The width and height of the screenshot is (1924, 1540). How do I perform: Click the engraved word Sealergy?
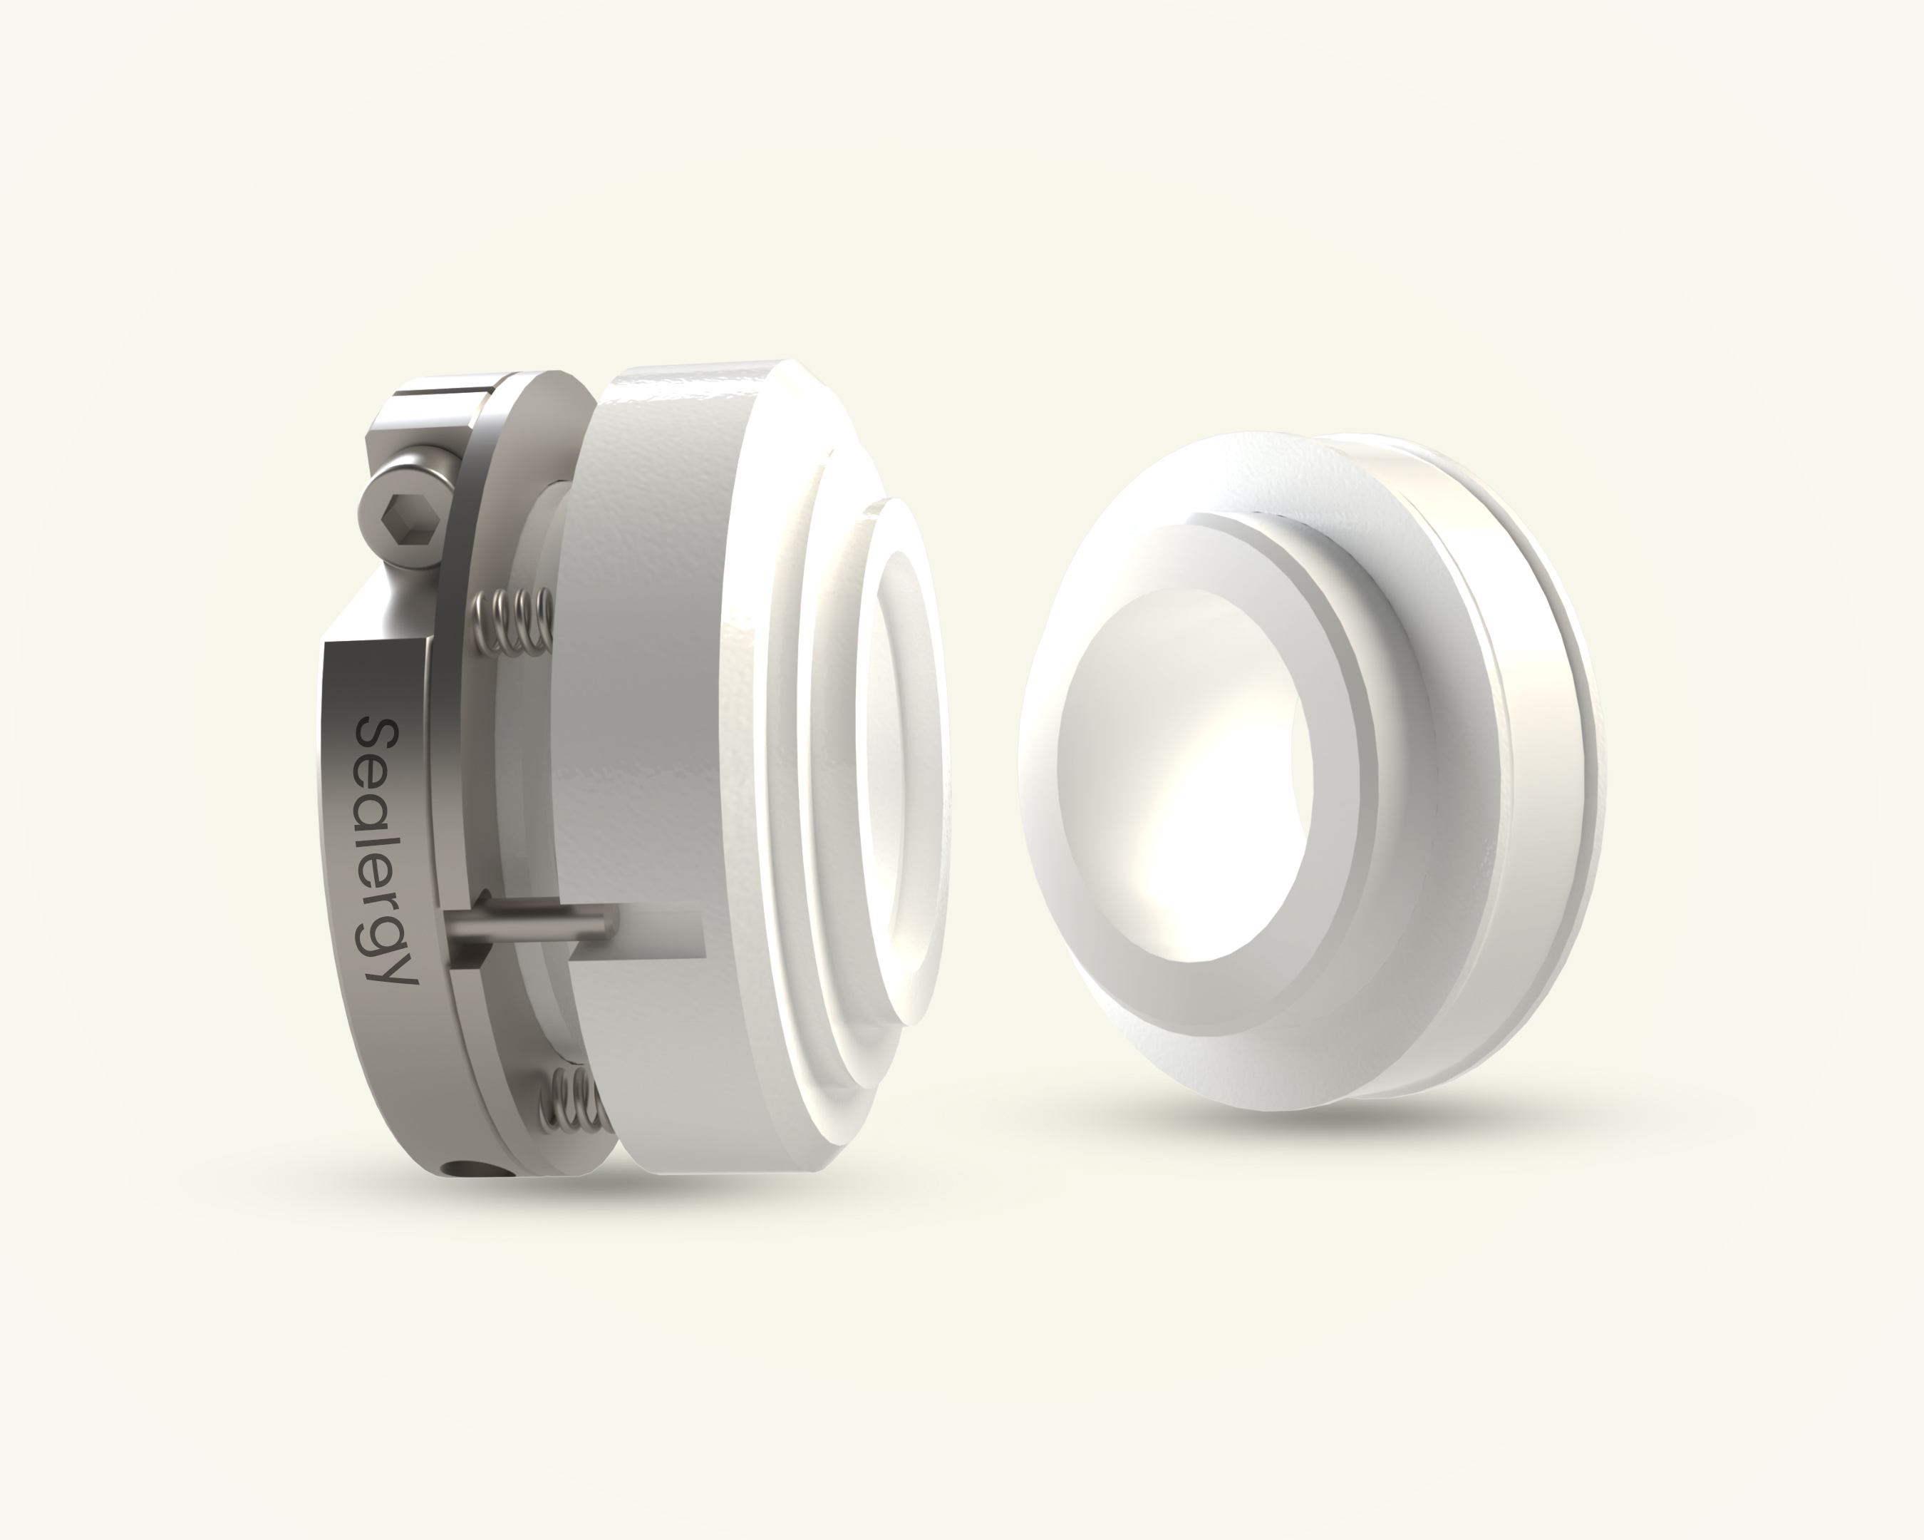pos(386,851)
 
